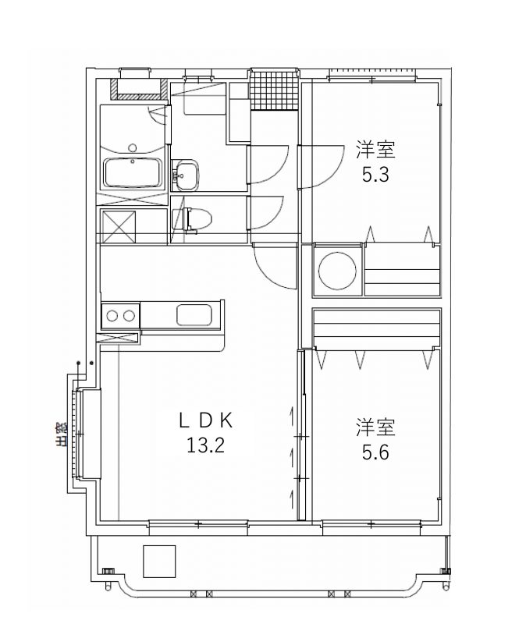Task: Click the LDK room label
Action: [x=205, y=420]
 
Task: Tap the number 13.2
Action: [x=205, y=445]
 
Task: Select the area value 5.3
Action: [x=375, y=174]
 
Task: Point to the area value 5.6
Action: [x=375, y=452]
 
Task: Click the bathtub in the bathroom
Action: [x=133, y=172]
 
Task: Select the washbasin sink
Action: [x=184, y=174]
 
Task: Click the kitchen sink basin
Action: [x=194, y=315]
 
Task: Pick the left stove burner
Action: [x=112, y=316]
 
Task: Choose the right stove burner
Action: [x=129, y=316]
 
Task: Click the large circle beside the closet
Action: [x=337, y=270]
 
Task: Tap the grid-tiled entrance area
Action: [x=274, y=90]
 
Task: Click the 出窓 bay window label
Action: [x=61, y=434]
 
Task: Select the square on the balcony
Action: [x=159, y=561]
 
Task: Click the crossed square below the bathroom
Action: [x=119, y=226]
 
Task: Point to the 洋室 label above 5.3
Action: [x=375, y=150]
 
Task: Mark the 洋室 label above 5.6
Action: [x=375, y=427]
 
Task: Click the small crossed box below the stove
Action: [x=119, y=339]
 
